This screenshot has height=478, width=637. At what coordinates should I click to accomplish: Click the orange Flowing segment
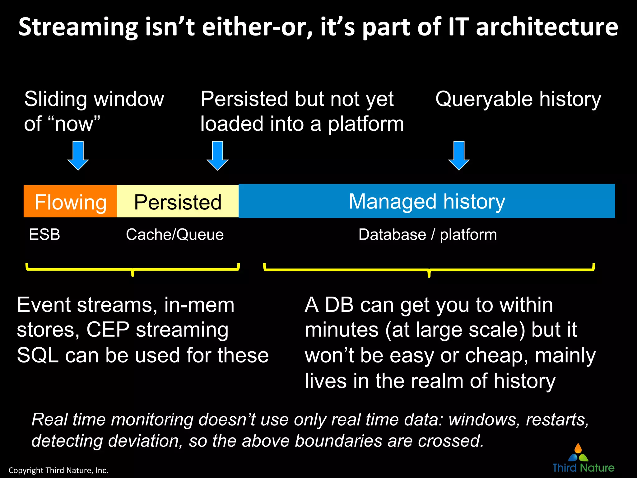tap(70, 201)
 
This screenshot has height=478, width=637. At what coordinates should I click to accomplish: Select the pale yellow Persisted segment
tap(178, 201)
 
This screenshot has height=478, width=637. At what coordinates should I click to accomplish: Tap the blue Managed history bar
tap(427, 201)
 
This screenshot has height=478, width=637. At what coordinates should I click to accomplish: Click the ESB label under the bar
tap(44, 234)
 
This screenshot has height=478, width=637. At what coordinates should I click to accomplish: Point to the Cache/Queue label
tap(174, 234)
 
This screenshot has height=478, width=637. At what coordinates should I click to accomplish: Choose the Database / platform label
tap(427, 234)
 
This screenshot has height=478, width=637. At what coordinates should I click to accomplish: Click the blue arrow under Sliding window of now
tap(78, 155)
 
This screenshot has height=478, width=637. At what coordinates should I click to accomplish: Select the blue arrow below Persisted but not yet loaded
tap(217, 155)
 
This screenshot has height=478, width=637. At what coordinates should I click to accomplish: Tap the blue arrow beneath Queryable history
tap(459, 155)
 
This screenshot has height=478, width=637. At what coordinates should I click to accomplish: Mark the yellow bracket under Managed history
tap(429, 269)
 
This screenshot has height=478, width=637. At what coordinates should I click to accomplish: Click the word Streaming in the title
tap(78, 27)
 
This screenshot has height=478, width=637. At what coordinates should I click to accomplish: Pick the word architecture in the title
tap(547, 27)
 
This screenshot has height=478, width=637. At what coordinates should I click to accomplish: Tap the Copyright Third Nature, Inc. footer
tap(58, 470)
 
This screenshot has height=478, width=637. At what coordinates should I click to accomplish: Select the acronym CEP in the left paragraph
tap(108, 330)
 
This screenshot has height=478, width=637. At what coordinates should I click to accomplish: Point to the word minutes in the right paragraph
tap(341, 330)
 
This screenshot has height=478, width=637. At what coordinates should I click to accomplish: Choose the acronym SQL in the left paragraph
tap(38, 355)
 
